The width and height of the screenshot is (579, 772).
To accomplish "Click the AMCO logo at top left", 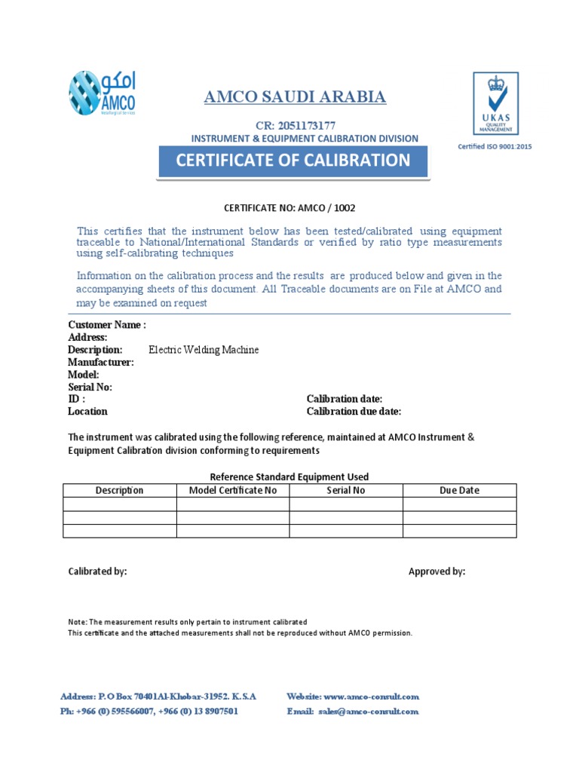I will coord(103,93).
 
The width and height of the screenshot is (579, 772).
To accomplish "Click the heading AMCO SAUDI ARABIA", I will coord(296,96).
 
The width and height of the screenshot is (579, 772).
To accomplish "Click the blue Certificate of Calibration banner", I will coord(293,161).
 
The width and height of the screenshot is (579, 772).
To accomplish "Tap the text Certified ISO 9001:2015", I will coord(495,146).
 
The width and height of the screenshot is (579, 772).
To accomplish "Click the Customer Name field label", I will coord(107,325).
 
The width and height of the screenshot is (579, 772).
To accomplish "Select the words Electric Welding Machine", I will coord(204,350).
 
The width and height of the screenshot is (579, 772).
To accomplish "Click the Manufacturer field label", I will coord(101,362).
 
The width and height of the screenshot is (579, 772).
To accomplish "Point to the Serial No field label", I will coord(90,387).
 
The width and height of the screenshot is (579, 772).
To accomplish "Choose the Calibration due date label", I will coord(354,412).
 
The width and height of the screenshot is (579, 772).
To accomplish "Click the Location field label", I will coord(87,412).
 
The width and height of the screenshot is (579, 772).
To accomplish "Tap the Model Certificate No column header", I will coord(232,490).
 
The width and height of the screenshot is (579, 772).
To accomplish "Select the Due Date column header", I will coord(459,490).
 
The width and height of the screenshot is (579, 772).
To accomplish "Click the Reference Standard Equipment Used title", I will coord(289,476).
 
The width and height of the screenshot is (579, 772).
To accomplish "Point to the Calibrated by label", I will coord(97,571).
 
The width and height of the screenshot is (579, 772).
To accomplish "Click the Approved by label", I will coord(437,571).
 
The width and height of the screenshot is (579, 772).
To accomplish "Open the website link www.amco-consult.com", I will coord(371,697).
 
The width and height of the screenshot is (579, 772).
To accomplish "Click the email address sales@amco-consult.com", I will coord(368,711).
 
